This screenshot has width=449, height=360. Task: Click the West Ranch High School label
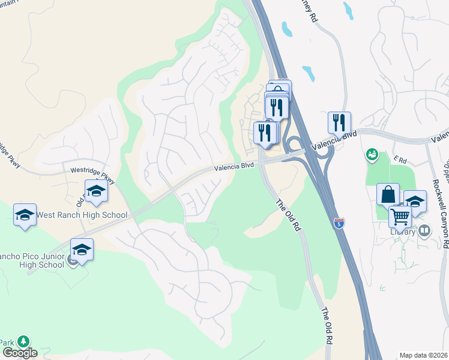[82, 215]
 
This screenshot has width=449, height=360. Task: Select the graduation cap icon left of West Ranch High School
[25, 215]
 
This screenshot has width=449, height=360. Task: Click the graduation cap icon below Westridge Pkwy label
[96, 191]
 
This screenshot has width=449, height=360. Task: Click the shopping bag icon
[388, 194]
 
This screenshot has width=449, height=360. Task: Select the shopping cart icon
[400, 217]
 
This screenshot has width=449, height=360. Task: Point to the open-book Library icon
[424, 230]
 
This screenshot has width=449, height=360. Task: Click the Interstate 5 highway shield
[340, 223]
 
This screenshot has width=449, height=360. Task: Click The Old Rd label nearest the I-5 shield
[288, 216]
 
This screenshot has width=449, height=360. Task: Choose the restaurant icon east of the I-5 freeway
[339, 123]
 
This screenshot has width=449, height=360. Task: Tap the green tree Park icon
[23, 342]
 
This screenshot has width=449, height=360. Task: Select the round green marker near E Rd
[373, 155]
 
